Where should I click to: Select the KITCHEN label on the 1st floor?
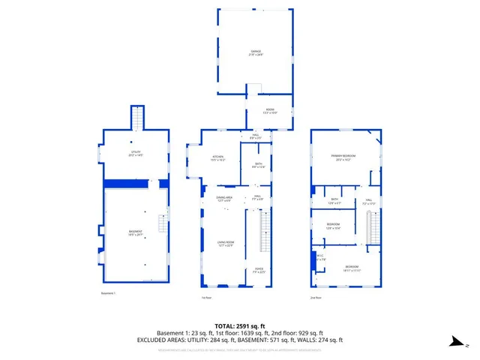click(218, 159)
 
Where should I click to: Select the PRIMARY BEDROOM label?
click(344, 157)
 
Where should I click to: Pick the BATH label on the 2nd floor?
click(334, 202)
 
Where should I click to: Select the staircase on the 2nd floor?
click(369, 227)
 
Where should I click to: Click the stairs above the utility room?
click(137, 118)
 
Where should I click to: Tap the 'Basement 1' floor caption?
click(109, 292)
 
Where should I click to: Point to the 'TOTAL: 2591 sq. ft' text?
click(239, 326)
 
